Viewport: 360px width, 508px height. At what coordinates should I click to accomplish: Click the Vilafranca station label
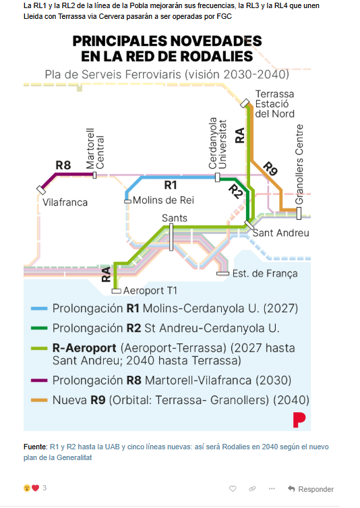point(65,202)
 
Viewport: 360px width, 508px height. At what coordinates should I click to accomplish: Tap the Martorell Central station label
point(95,148)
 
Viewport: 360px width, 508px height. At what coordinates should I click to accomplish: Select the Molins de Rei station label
point(164,200)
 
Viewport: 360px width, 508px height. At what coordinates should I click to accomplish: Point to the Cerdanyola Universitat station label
point(218,143)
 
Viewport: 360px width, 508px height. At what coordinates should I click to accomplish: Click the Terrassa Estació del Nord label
point(275,104)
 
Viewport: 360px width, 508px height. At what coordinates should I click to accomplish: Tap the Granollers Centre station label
point(299,164)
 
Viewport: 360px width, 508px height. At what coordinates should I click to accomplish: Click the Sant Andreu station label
point(280,233)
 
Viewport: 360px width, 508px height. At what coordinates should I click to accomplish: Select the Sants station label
point(175,218)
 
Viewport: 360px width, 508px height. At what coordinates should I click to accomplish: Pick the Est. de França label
point(265,273)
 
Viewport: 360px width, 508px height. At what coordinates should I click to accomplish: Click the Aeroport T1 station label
point(150,291)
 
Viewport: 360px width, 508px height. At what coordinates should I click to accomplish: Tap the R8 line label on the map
point(63,165)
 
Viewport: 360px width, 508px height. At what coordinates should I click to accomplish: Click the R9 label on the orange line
point(270,169)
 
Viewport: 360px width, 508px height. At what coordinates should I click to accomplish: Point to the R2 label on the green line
point(235,192)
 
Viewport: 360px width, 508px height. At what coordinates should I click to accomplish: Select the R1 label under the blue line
point(171,185)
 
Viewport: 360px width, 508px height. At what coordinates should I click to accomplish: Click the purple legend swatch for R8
point(39,380)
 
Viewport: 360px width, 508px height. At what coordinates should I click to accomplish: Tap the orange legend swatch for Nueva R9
point(39,400)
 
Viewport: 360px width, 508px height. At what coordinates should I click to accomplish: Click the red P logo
point(299,420)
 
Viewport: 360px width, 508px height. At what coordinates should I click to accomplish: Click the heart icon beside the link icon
point(233,488)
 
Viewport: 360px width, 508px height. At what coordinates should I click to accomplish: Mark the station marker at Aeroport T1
point(116,291)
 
